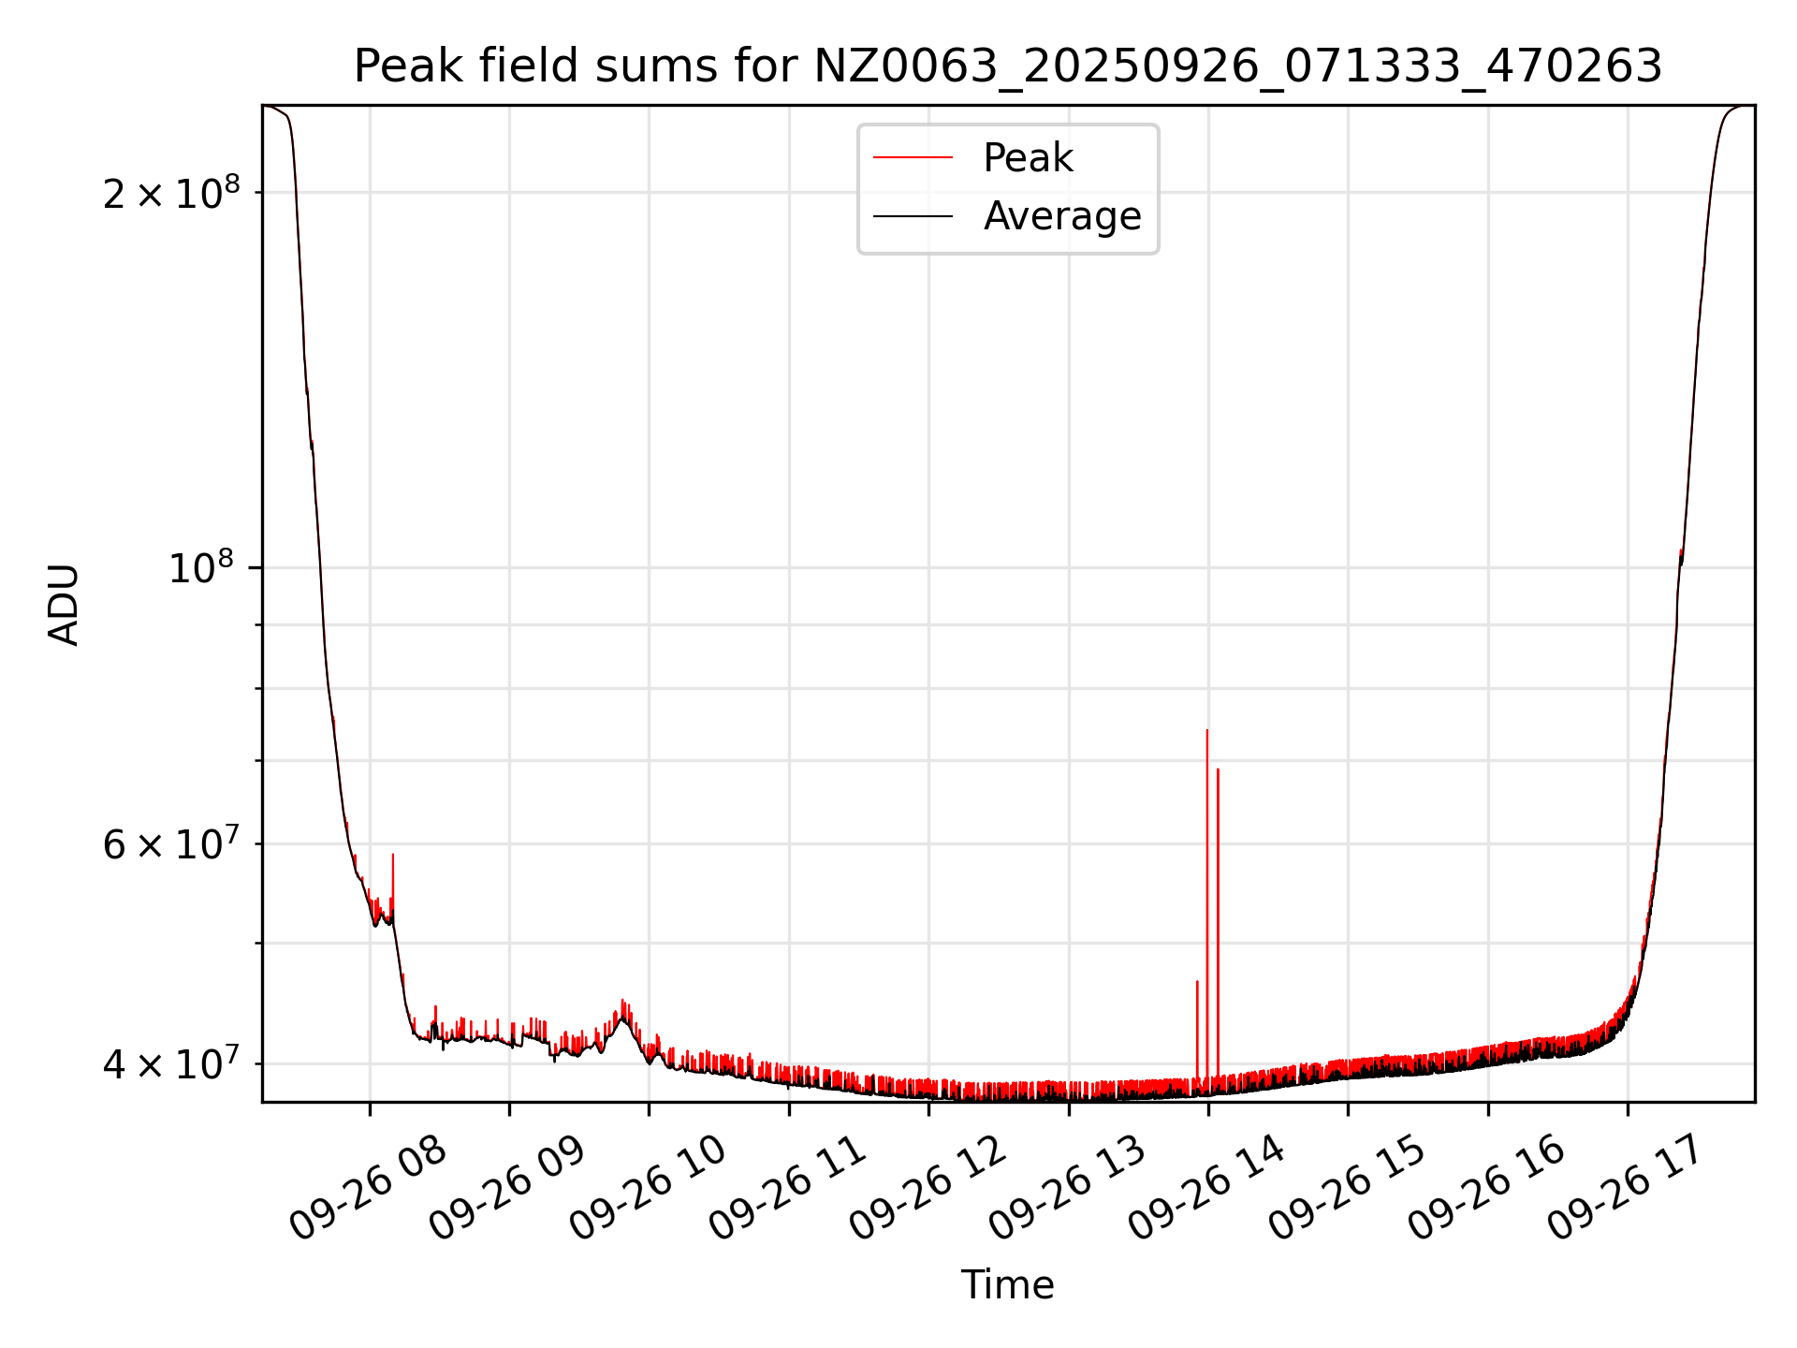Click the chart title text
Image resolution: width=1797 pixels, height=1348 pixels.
1007,66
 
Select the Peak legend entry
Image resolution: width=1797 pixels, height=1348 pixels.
1028,158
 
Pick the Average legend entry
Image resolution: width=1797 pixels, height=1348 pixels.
1061,216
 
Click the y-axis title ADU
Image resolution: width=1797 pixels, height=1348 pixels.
64,605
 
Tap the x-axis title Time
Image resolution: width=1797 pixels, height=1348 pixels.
1007,1285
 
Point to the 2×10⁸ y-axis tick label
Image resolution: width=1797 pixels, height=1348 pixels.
170,194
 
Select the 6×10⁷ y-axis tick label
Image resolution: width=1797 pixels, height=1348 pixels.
170,844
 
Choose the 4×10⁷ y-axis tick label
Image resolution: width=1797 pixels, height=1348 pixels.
170,1064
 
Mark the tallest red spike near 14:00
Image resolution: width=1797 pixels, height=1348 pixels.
1207,732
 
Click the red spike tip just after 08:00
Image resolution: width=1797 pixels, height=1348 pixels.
393,856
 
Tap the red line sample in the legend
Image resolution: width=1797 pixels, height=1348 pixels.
913,158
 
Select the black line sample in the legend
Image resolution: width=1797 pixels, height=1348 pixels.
913,216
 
